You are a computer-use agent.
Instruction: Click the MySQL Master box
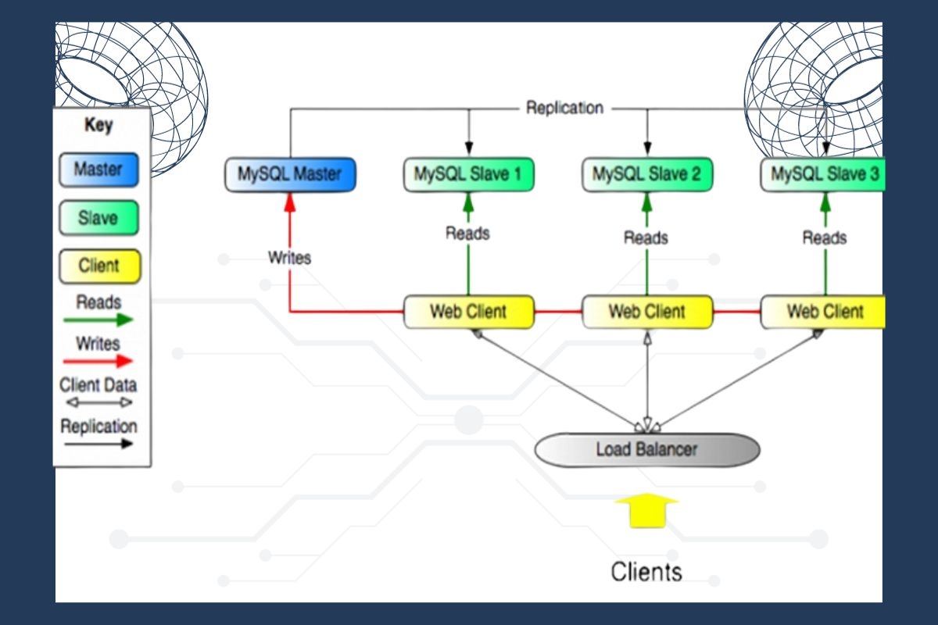click(x=291, y=174)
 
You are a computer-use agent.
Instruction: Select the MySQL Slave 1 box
click(x=468, y=174)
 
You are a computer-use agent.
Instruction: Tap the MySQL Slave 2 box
click(x=646, y=174)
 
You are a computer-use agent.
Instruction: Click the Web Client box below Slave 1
click(x=468, y=312)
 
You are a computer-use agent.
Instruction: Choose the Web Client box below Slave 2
click(x=646, y=312)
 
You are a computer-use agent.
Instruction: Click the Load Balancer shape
click(x=646, y=449)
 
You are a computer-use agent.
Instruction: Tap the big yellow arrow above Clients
click(x=646, y=509)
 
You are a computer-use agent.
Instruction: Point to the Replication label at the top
click(x=564, y=108)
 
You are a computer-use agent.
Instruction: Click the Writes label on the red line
click(x=289, y=257)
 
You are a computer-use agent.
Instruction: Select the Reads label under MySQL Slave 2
click(x=646, y=237)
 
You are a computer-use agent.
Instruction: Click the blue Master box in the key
click(x=98, y=170)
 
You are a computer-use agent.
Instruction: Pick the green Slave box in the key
click(x=98, y=218)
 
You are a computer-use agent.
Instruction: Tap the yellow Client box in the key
click(x=98, y=266)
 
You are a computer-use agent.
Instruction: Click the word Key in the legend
click(x=98, y=125)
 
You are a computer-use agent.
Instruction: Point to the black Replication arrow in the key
click(x=98, y=444)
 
